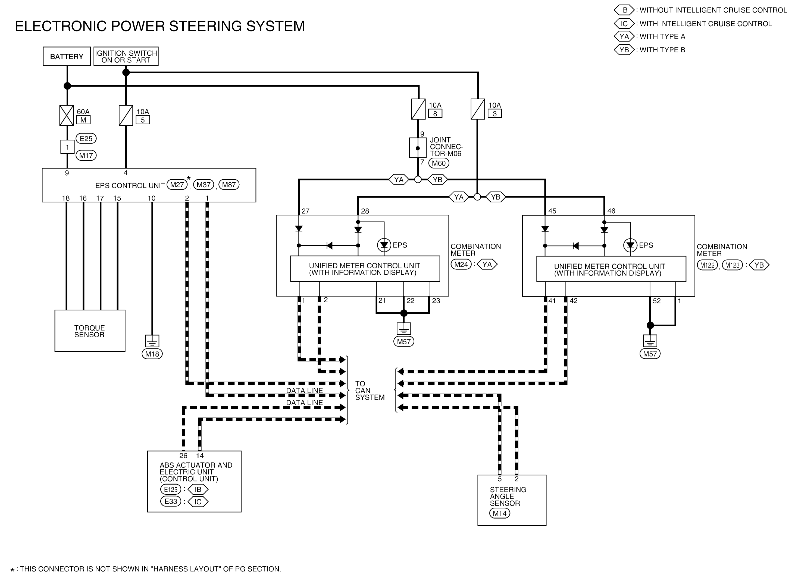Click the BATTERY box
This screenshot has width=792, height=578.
pyautogui.click(x=67, y=56)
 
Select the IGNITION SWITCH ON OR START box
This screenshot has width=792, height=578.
pyautogui.click(x=126, y=56)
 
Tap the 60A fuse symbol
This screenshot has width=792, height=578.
pyautogui.click(x=67, y=115)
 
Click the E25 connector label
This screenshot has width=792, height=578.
pyautogui.click(x=86, y=139)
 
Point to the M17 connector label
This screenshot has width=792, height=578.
pyautogui.click(x=86, y=155)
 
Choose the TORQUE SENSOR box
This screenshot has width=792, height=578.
pyautogui.click(x=90, y=331)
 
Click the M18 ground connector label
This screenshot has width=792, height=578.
pyautogui.click(x=152, y=354)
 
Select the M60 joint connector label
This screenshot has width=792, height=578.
pyautogui.click(x=439, y=163)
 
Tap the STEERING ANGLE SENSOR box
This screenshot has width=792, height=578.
pyautogui.click(x=511, y=500)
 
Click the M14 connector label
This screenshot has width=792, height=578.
pyautogui.click(x=499, y=513)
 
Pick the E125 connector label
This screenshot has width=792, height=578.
pyautogui.click(x=171, y=490)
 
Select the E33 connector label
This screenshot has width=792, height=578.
pyautogui.click(x=171, y=501)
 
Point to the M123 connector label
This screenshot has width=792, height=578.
pyautogui.click(x=732, y=265)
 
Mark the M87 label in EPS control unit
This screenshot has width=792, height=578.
pyautogui.click(x=229, y=185)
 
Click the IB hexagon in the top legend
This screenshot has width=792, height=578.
pyautogui.click(x=624, y=10)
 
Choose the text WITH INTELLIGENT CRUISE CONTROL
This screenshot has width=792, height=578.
pyautogui.click(x=706, y=24)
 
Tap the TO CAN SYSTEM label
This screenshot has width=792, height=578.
pyautogui.click(x=369, y=390)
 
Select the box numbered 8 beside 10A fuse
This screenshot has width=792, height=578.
pyautogui.click(x=435, y=114)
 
